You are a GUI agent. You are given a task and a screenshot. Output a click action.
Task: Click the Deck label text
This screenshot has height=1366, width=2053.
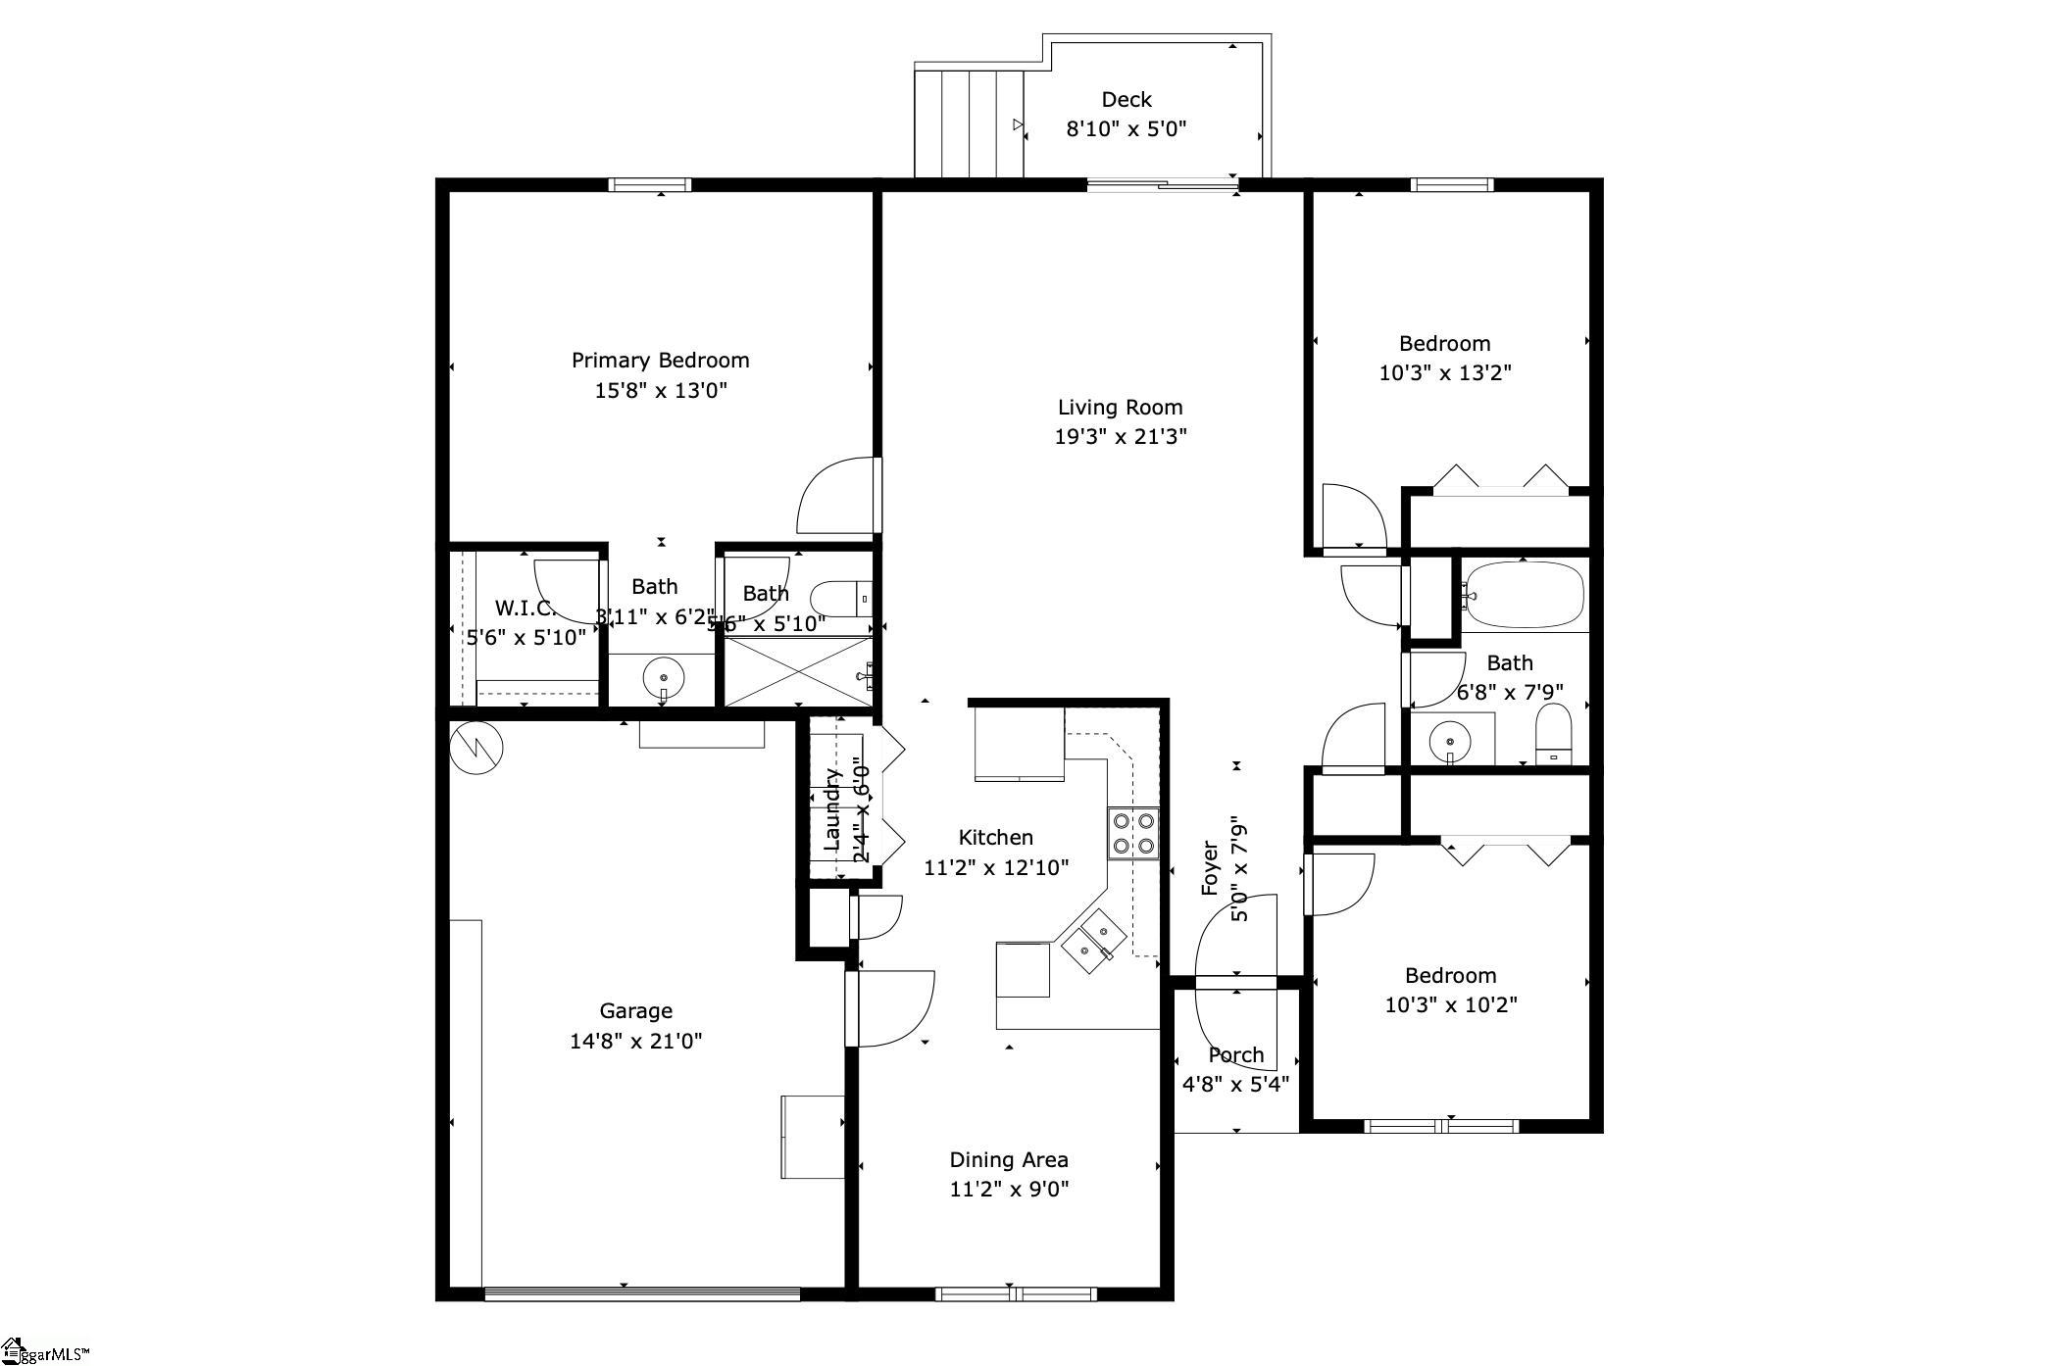click(x=1126, y=99)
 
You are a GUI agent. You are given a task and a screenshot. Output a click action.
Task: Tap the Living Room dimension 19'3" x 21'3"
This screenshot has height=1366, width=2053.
click(x=1120, y=436)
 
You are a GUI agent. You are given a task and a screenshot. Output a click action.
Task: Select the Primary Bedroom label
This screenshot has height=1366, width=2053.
click(x=660, y=361)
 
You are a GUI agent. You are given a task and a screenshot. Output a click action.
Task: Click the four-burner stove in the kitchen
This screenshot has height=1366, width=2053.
click(x=1133, y=833)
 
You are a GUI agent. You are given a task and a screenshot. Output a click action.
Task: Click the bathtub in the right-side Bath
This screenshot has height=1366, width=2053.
click(x=1523, y=594)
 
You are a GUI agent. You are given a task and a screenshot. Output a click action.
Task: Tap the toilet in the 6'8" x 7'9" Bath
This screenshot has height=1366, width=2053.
click(x=1553, y=734)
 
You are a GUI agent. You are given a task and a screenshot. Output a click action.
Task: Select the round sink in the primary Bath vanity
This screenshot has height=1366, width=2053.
click(x=664, y=677)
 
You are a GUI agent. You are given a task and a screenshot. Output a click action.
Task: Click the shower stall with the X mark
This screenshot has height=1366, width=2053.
click(x=796, y=671)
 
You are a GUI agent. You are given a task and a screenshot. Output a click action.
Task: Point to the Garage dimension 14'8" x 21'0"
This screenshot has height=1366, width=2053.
click(x=635, y=1041)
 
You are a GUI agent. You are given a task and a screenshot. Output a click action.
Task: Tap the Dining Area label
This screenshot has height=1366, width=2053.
click(x=1008, y=1160)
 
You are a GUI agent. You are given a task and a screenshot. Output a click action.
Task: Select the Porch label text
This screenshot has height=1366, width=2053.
click(x=1235, y=1055)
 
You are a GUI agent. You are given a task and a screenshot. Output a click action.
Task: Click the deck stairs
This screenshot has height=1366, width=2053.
click(x=969, y=122)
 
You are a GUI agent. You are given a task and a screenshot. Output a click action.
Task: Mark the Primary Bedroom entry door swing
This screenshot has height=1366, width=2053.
click(x=836, y=496)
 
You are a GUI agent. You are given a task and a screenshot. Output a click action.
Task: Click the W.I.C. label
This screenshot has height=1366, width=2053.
click(x=526, y=608)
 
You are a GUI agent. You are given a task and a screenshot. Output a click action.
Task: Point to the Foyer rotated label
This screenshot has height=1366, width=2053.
click(x=1210, y=868)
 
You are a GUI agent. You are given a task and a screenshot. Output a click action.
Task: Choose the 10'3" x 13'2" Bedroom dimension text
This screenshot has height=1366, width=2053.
click(x=1444, y=373)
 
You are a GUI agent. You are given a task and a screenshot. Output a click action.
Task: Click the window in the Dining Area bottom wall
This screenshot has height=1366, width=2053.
click(x=1015, y=1294)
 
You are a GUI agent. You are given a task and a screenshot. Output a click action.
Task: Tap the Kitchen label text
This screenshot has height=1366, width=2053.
click(x=995, y=838)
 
